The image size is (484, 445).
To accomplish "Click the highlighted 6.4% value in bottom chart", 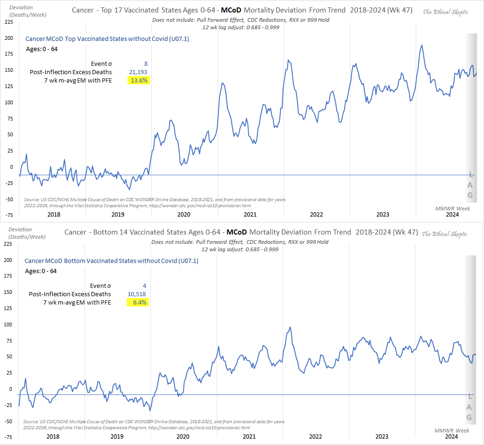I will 138,302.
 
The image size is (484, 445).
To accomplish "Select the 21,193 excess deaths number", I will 138,72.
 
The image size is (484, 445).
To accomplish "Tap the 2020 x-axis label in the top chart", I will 184,215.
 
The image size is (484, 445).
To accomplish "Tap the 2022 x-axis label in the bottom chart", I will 316,437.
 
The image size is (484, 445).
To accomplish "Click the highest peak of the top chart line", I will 421,45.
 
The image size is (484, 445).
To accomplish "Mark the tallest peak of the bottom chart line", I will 290,327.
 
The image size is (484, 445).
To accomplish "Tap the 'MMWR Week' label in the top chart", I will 452,209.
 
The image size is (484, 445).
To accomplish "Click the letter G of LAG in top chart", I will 470,195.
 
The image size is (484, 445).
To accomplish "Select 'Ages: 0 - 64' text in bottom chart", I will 41,271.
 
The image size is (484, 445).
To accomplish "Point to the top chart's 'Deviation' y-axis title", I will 20,7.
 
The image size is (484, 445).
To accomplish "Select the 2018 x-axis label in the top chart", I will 54,215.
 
